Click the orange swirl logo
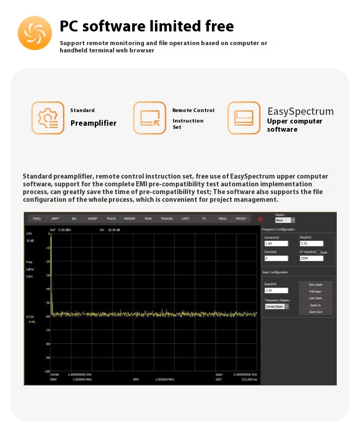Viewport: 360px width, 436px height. [x=35, y=33]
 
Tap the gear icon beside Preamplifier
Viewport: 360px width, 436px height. [x=47, y=118]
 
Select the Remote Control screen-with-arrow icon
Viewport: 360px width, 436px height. [x=149, y=118]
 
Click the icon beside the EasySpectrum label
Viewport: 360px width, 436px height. [x=244, y=118]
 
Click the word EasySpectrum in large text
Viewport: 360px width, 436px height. [x=300, y=112]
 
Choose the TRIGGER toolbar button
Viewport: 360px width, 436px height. [x=167, y=219]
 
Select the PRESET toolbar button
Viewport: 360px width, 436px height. [x=241, y=219]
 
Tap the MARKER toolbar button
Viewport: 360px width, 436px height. [x=129, y=219]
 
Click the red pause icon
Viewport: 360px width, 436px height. [x=260, y=219]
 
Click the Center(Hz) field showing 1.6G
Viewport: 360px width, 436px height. [x=276, y=244]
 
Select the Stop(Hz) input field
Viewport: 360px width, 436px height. [x=311, y=244]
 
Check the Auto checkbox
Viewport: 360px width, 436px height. [x=319, y=252]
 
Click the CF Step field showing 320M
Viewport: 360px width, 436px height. [x=311, y=258]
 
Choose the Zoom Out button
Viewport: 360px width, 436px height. [x=315, y=312]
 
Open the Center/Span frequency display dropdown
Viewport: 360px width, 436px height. [x=277, y=307]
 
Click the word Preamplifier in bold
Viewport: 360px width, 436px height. [x=93, y=123]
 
